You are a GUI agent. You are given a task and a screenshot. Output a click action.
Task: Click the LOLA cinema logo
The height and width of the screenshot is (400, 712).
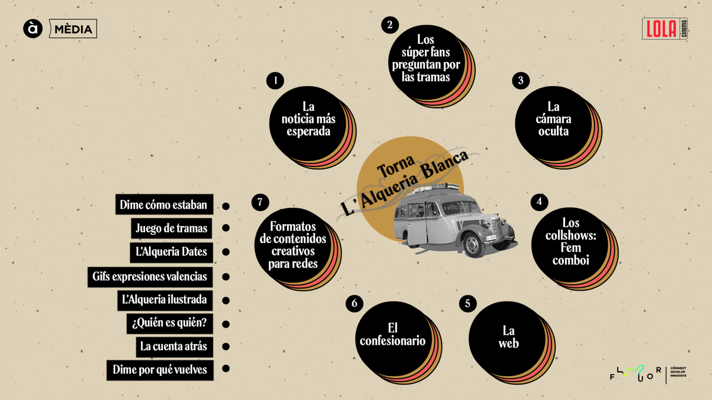tap(665, 28)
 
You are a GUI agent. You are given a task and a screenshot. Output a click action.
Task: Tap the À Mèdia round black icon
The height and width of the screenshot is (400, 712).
tap(33, 28)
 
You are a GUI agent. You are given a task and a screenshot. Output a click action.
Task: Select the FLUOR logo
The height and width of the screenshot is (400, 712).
tap(648, 374)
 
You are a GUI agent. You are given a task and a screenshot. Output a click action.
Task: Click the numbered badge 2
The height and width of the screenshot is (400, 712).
tap(390, 25)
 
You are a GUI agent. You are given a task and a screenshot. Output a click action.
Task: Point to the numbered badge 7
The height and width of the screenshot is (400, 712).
tap(260, 202)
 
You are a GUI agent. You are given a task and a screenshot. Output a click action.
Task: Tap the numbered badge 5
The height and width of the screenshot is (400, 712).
tap(467, 303)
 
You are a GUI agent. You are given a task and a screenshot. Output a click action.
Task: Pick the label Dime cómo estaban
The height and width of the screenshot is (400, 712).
tap(164, 204)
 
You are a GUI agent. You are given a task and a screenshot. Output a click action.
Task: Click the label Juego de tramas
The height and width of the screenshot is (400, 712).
tap(171, 228)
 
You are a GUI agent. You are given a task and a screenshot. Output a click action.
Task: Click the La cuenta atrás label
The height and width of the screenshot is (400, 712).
tap(174, 347)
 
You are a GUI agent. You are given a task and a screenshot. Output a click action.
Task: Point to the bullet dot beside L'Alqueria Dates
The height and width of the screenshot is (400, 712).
tap(226, 252)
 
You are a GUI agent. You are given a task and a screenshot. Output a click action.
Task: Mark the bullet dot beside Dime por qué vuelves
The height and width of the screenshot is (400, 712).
tap(226, 369)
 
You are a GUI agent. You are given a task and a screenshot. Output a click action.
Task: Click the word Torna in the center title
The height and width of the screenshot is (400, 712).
tap(396, 166)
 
